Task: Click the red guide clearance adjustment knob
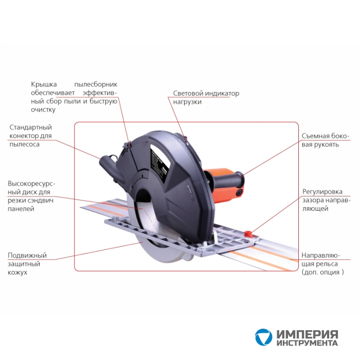pyautogui.click(x=248, y=233)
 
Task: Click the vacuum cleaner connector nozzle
pyautogui.click(x=108, y=164)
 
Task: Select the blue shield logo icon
pyautogui.click(x=263, y=337)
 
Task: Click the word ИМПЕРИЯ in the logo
pyautogui.click(x=307, y=334)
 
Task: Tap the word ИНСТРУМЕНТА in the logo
pyautogui.click(x=307, y=343)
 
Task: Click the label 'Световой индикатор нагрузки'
pyautogui.click(x=206, y=97)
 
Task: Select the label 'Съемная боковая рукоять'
pyautogui.click(x=325, y=140)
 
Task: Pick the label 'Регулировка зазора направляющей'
pyautogui.click(x=326, y=200)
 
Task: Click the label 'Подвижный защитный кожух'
pyautogui.click(x=27, y=263)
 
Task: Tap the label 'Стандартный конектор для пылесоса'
pyautogui.click(x=30, y=136)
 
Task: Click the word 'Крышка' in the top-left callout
pyautogui.click(x=44, y=84)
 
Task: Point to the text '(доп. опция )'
pyautogui.click(x=323, y=272)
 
